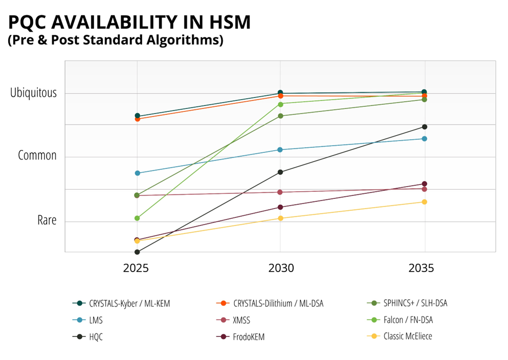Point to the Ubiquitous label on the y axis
(x=33, y=93)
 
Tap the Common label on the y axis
(x=37, y=155)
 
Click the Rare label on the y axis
(x=47, y=220)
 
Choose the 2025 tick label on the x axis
(x=137, y=268)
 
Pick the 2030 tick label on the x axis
(x=280, y=268)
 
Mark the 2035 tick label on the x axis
(x=424, y=268)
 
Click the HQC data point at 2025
(x=137, y=252)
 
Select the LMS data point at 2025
(x=137, y=173)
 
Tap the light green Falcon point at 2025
(x=137, y=218)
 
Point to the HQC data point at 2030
(x=280, y=172)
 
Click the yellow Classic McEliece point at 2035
(x=424, y=202)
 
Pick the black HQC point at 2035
(x=424, y=127)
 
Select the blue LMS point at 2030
(x=280, y=150)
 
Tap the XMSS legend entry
(x=241, y=320)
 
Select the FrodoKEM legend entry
(x=249, y=337)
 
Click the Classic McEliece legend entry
(x=407, y=336)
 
